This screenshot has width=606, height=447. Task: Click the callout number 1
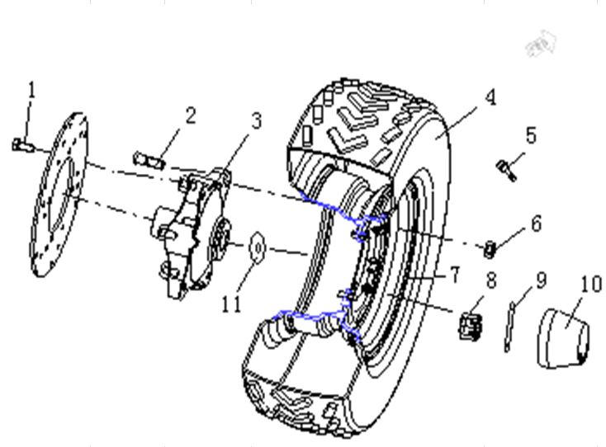tap(31, 89)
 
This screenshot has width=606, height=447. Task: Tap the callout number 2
tap(190, 115)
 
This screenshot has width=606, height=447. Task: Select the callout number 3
tap(256, 121)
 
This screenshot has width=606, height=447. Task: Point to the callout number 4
tap(490, 97)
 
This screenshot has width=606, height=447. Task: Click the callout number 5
tap(531, 134)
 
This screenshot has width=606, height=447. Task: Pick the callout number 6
tap(537, 223)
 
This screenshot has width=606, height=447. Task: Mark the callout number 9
tap(541, 280)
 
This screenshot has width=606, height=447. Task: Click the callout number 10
tap(591, 285)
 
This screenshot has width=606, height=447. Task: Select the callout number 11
tap(231, 303)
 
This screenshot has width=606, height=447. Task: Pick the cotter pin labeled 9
tap(511, 326)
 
